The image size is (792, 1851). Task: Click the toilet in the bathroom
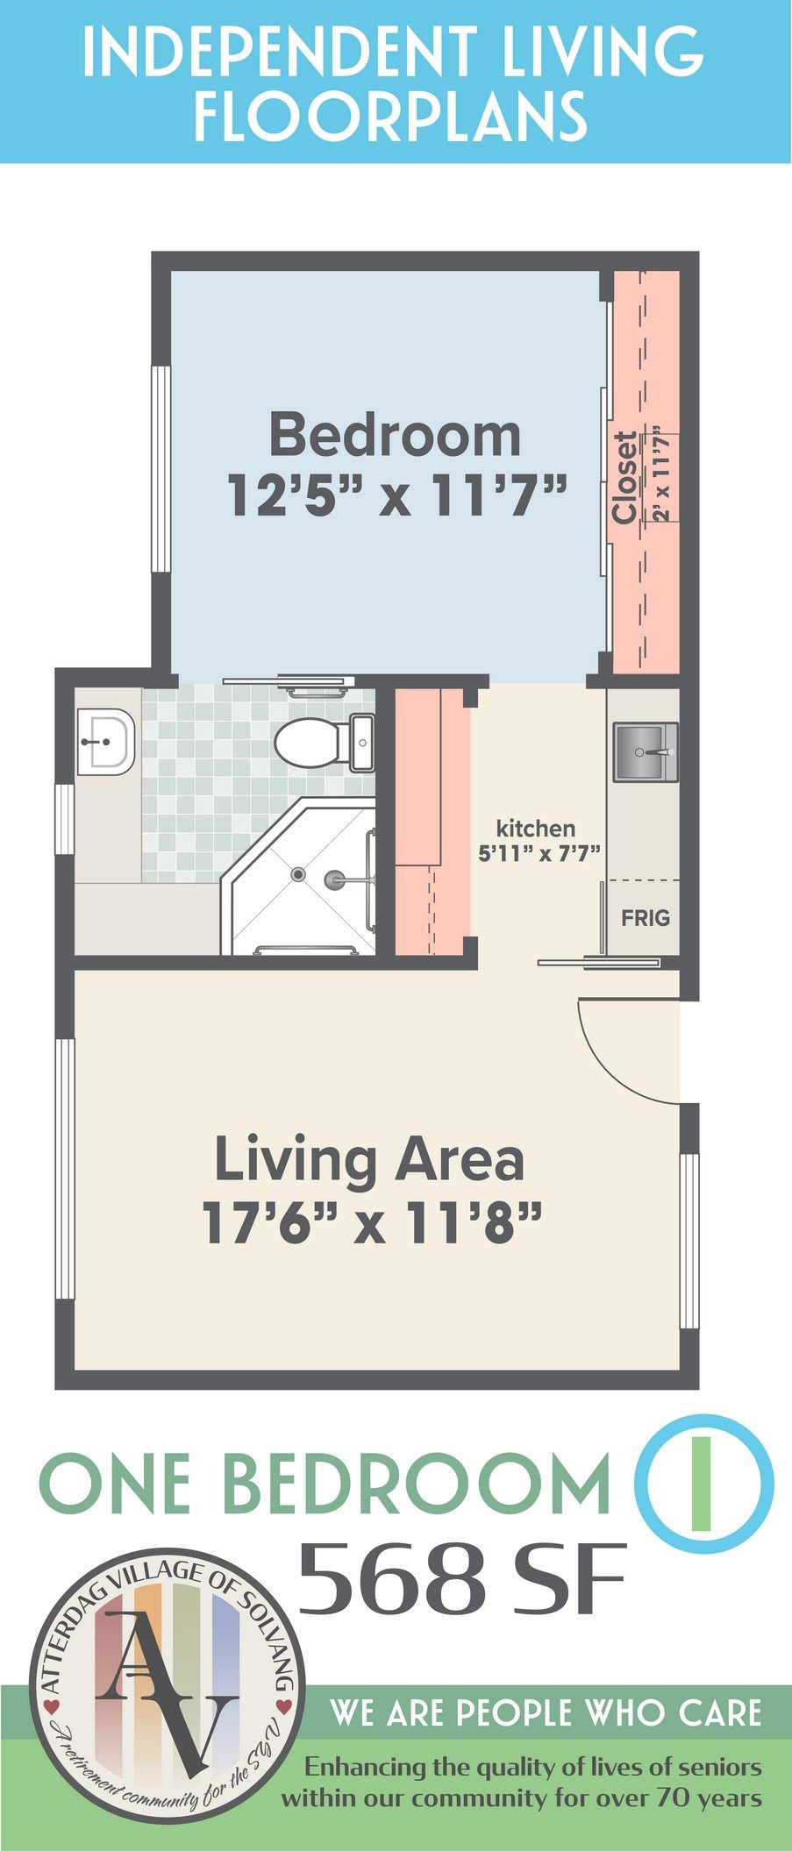[x=324, y=743]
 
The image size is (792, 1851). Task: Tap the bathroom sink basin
[x=105, y=742]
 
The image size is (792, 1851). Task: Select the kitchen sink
[x=645, y=751]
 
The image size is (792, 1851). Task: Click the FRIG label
[x=646, y=917]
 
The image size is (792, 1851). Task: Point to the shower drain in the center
[x=299, y=873]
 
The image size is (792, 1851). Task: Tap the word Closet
[x=624, y=478]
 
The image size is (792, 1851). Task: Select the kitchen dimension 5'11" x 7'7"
[x=538, y=852]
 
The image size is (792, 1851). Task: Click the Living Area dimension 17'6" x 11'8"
[x=372, y=1221]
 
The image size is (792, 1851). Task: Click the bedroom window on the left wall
[x=161, y=469]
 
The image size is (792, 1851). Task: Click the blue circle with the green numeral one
[x=703, y=1477]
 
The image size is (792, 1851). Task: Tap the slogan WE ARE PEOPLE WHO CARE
[x=545, y=1712]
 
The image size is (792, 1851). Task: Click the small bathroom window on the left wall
[x=64, y=819]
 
